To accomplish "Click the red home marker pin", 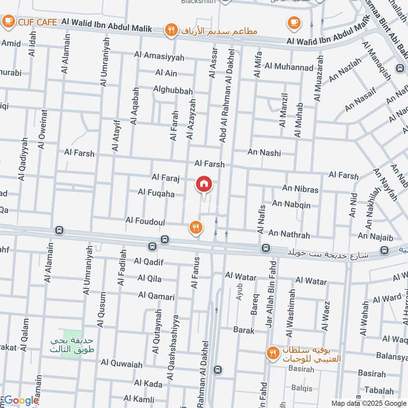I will pos(204,185).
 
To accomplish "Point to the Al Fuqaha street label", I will pos(156,194).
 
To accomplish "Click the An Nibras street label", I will pos(300,189).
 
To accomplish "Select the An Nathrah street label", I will pos(289,234).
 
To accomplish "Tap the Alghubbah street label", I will pos(173,91).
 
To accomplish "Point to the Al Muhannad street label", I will pos(289,66).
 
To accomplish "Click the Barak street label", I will pos(244,330).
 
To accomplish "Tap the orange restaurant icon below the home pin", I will pos(195,227).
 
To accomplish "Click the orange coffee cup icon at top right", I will pos(293,22).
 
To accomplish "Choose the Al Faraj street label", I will pos(166,177).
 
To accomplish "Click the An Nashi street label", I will pos(264,152).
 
